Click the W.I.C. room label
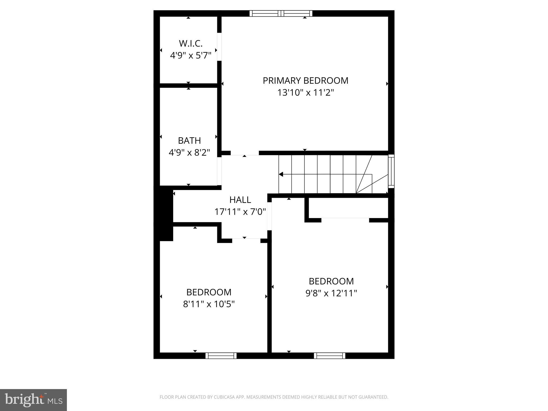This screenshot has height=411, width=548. [x=191, y=43]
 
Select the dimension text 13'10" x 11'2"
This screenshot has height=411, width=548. [x=306, y=93]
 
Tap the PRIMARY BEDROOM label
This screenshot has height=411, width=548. [x=306, y=81]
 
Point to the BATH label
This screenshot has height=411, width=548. [x=189, y=140]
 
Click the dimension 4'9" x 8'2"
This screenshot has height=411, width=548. [x=189, y=153]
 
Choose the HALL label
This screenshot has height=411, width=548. [x=240, y=200]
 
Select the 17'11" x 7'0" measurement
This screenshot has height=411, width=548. [x=240, y=212]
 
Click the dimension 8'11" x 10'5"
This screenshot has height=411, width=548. [x=209, y=304]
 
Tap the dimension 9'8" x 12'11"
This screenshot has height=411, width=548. [x=331, y=294]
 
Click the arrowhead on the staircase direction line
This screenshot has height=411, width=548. [x=281, y=174]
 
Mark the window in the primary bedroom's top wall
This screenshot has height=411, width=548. [x=281, y=13]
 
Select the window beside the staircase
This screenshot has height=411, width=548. [x=391, y=171]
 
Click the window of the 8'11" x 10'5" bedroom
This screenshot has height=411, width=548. [x=221, y=356]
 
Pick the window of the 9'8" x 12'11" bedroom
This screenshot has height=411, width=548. [x=329, y=356]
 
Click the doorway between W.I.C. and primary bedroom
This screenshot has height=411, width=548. [x=219, y=47]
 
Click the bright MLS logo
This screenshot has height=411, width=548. [x=33, y=400]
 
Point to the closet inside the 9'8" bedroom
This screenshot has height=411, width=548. [x=348, y=208]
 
